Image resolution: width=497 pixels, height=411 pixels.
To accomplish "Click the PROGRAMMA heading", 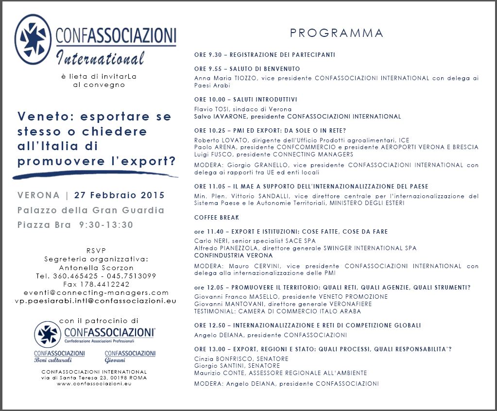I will tap(336, 33).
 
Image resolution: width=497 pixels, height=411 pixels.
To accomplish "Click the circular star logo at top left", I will tap(33, 39).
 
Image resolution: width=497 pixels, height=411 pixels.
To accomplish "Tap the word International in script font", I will tap(101, 58).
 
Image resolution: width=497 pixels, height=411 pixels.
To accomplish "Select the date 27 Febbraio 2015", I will tap(120, 195).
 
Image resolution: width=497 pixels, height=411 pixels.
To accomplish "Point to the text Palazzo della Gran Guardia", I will tap(91, 210).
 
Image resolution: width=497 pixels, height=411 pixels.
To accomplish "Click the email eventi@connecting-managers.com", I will tap(96, 292).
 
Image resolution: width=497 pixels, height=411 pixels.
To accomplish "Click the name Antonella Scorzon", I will tap(96, 268).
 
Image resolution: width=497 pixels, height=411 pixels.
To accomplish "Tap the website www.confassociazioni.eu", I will tap(94, 383).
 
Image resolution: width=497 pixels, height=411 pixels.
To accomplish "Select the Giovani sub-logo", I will tap(130, 356).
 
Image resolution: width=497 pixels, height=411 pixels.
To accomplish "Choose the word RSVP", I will tap(96, 251).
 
